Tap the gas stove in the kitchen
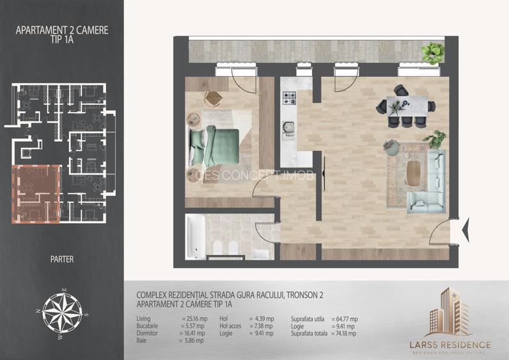coord(290,98)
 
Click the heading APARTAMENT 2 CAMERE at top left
coord(62,29)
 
